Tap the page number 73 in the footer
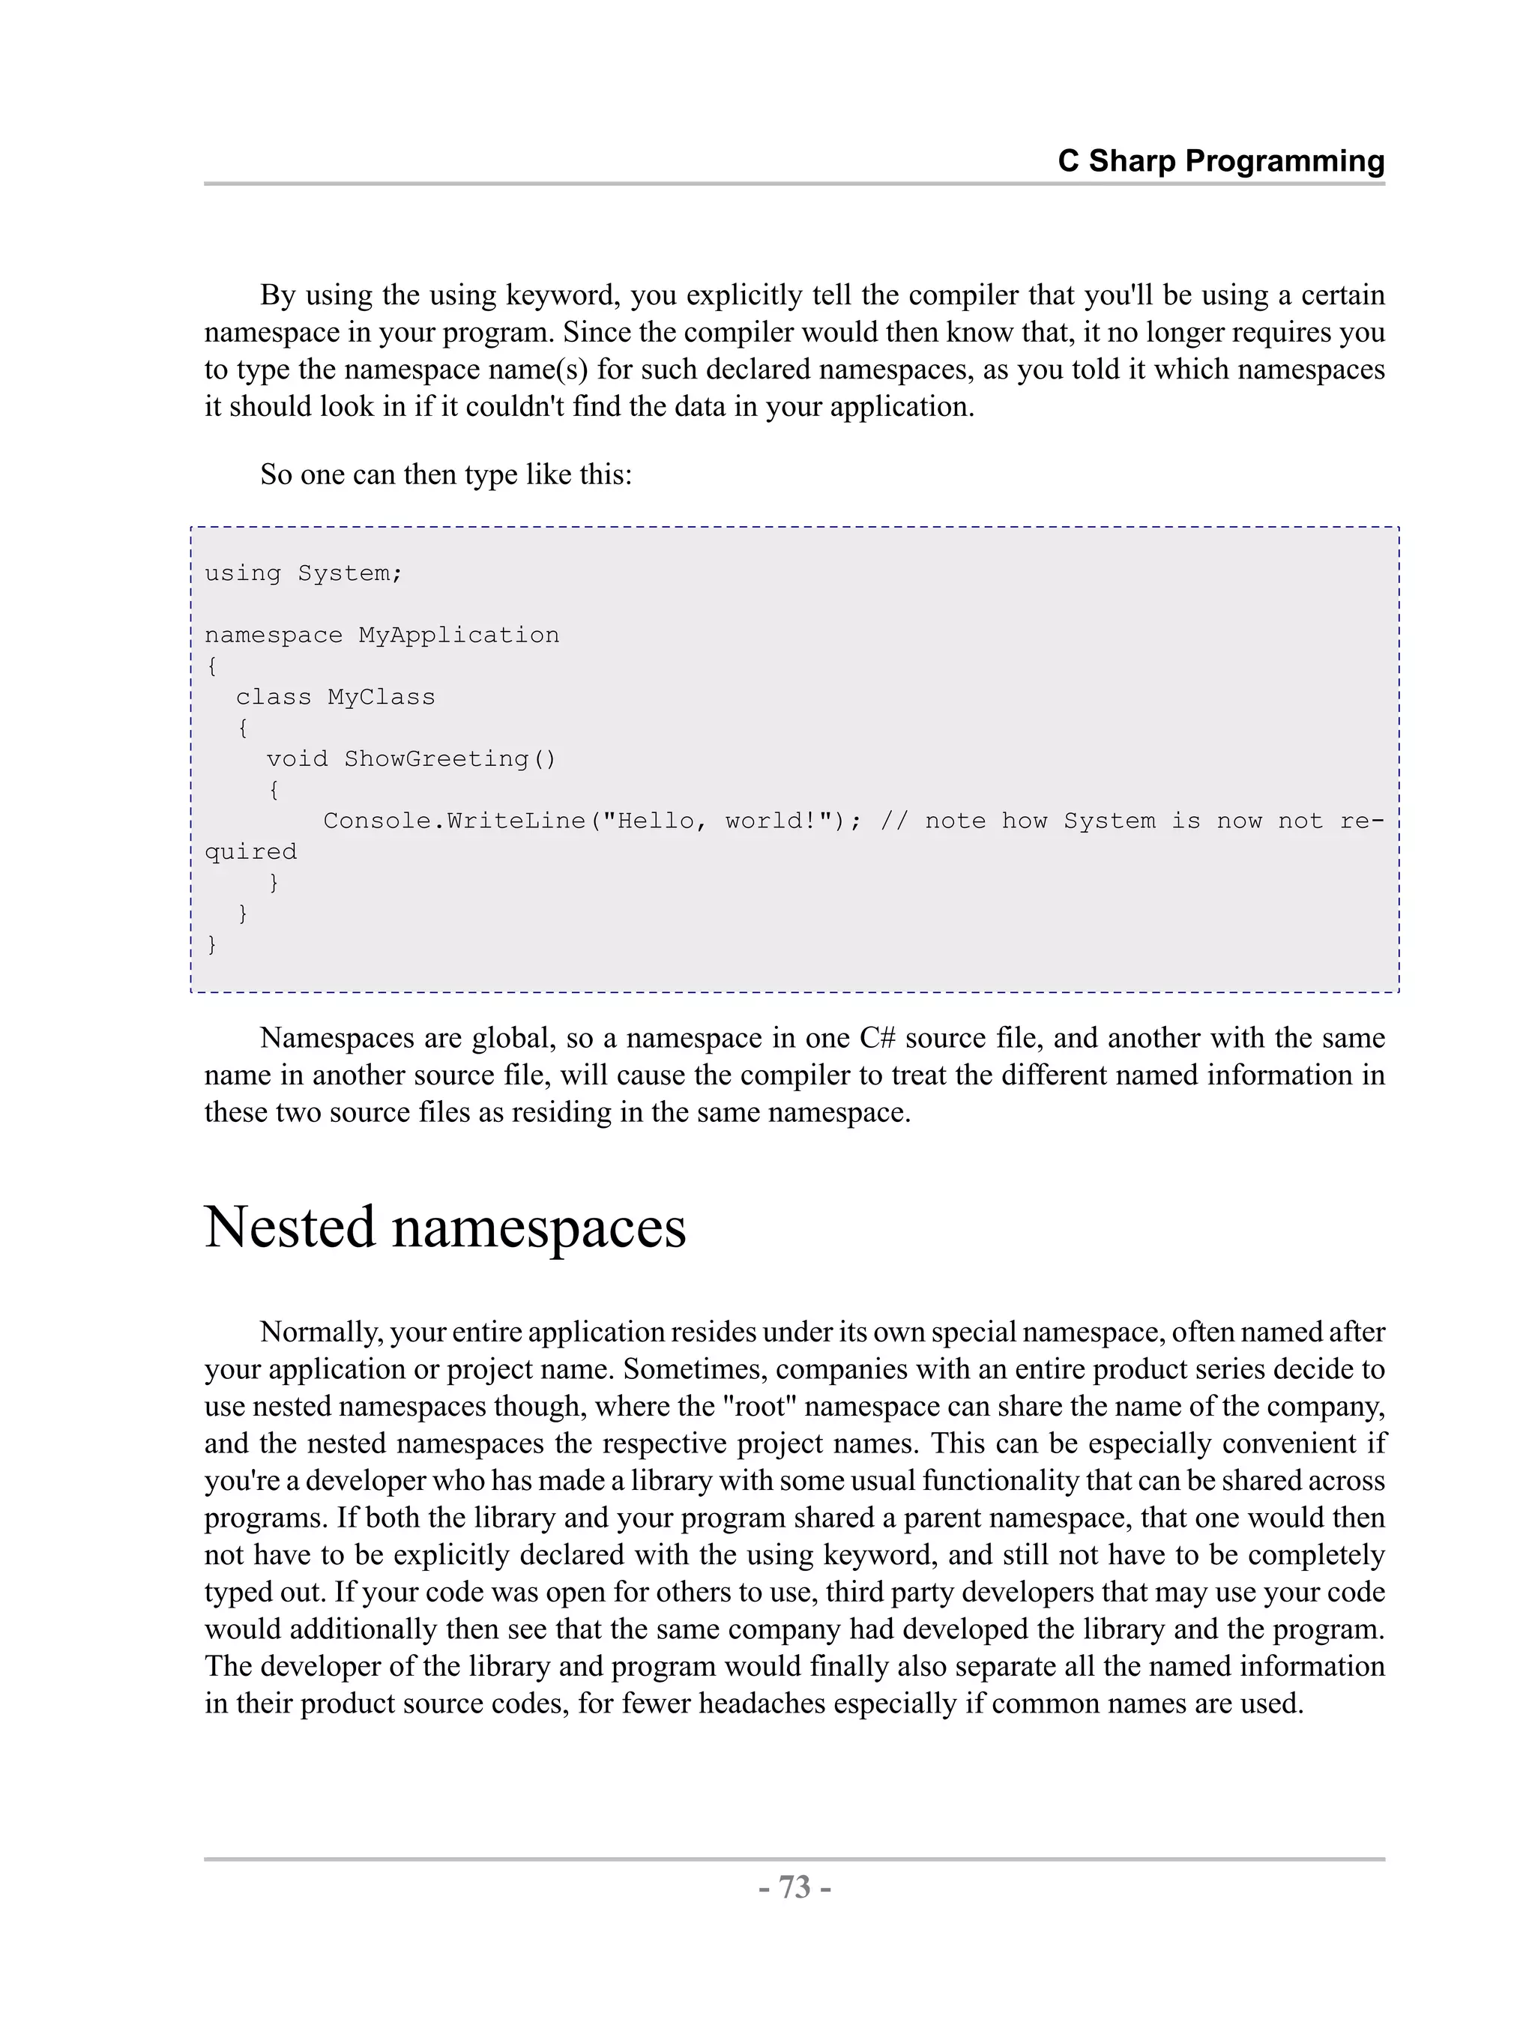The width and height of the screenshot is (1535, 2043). pos(794,1888)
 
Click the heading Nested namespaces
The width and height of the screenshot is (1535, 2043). pos(444,1228)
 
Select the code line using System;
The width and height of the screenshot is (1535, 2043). pos(303,573)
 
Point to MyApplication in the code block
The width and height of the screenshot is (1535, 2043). pos(458,636)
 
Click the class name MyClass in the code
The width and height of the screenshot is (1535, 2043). pos(381,697)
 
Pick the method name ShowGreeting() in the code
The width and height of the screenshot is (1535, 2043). pos(450,759)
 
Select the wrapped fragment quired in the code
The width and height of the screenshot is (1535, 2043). pos(250,851)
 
